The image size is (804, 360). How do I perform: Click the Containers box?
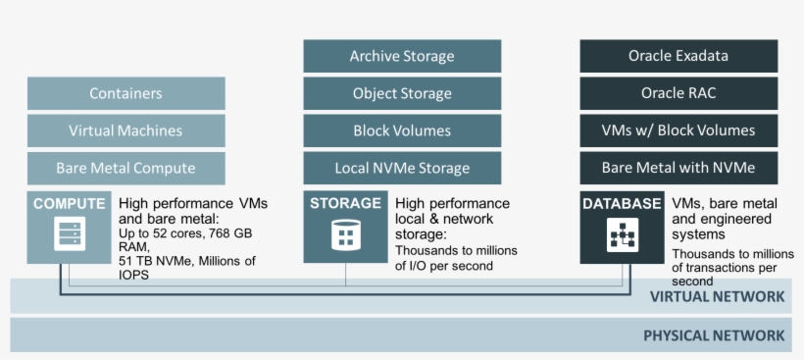click(126, 94)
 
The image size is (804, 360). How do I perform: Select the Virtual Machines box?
click(126, 130)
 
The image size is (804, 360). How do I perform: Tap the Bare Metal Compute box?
click(126, 168)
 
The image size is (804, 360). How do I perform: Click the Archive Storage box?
click(402, 56)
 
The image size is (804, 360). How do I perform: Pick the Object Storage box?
click(402, 94)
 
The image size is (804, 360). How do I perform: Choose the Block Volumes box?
click(402, 130)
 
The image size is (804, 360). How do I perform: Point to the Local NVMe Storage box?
click(402, 168)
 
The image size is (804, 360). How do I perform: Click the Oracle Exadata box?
click(678, 56)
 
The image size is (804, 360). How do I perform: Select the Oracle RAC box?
click(678, 94)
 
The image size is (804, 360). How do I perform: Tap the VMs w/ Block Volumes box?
click(678, 130)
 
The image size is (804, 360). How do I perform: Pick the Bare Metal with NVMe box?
click(678, 168)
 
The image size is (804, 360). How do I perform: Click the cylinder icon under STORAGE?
click(345, 235)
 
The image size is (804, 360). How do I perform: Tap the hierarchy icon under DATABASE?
click(622, 236)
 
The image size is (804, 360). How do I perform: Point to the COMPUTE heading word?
click(69, 204)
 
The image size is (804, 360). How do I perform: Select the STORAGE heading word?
click(345, 204)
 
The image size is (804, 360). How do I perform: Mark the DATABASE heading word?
click(622, 204)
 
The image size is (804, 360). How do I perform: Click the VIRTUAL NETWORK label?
click(717, 296)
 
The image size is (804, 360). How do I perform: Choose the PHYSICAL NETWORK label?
click(714, 335)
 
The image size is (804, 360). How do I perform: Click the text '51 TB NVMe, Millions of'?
click(186, 260)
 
